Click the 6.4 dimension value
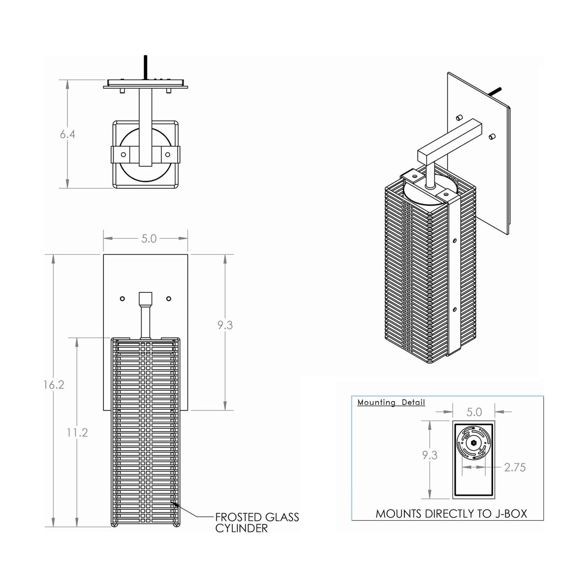coord(68,134)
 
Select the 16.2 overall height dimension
coord(54,385)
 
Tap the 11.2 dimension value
coord(77,432)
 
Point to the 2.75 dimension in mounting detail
coord(515,468)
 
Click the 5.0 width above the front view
coord(149,238)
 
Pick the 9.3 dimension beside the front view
coord(225,325)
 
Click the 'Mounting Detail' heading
coord(391,402)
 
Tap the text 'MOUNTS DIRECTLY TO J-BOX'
coord(451,514)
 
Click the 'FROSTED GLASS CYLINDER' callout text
coord(257,522)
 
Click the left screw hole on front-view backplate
coord(122,299)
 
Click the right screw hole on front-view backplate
coord(169,299)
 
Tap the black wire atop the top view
coord(145,67)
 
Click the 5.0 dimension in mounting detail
coord(474,412)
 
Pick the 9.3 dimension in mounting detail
coord(429,455)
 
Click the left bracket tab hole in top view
coord(123,154)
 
